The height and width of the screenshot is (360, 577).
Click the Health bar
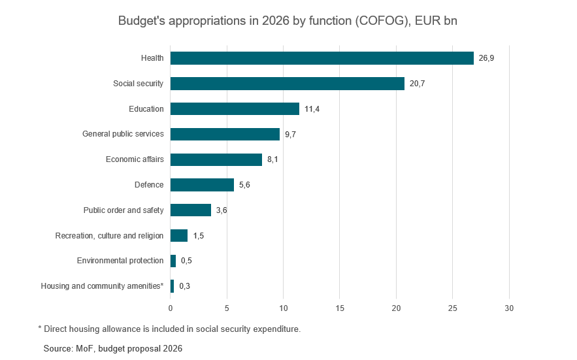pyautogui.click(x=321, y=58)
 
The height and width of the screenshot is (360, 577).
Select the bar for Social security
pyautogui.click(x=288, y=84)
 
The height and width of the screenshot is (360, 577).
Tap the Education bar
pyautogui.click(x=235, y=109)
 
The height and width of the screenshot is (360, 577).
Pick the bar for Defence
pyautogui.click(x=202, y=185)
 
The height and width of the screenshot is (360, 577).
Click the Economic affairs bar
pyautogui.click(x=216, y=159)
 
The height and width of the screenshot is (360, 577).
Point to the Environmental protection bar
pyautogui.click(x=173, y=261)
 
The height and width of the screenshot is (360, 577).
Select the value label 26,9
pyautogui.click(x=486, y=58)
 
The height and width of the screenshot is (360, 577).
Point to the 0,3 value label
pyautogui.click(x=184, y=286)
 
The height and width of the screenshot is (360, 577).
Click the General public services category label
pyautogui.click(x=123, y=134)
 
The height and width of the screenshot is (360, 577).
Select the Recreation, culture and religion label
pyautogui.click(x=109, y=235)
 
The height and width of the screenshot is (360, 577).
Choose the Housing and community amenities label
pyautogui.click(x=102, y=286)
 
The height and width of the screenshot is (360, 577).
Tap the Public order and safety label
pyautogui.click(x=124, y=210)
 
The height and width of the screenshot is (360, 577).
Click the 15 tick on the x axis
pyautogui.click(x=340, y=308)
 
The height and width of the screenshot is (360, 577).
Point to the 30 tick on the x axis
pyautogui.click(x=509, y=308)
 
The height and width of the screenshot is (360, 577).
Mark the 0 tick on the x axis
pyautogui.click(x=171, y=308)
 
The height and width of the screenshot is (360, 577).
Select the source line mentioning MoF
pyautogui.click(x=113, y=349)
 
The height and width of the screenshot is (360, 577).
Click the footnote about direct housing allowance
pyautogui.click(x=169, y=329)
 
